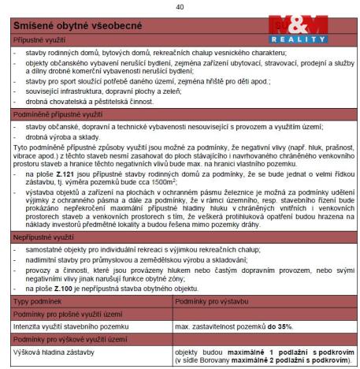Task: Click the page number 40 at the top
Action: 180,6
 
